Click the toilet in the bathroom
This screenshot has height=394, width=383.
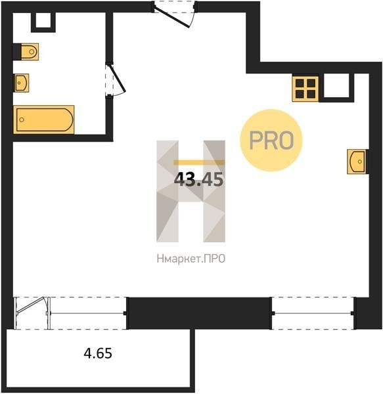[30, 52]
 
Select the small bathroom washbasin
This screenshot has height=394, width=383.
[22, 83]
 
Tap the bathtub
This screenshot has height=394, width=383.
[44, 120]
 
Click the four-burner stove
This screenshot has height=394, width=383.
[305, 89]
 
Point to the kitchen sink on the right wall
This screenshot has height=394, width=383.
[357, 162]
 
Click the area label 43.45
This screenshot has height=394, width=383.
[198, 179]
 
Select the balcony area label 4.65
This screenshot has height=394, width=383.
[98, 353]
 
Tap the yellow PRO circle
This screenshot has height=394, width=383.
[271, 141]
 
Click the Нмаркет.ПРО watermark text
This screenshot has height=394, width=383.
[191, 258]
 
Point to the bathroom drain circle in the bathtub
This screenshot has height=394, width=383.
[22, 120]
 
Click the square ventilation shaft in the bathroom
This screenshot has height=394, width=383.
[43, 22]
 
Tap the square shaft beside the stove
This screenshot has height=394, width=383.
[336, 87]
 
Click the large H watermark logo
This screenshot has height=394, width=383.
[191, 191]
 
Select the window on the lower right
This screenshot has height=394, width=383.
[313, 313]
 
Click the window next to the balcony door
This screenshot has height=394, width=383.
[88, 313]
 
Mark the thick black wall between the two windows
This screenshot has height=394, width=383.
[199, 313]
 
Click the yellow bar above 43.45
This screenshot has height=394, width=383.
[198, 163]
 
